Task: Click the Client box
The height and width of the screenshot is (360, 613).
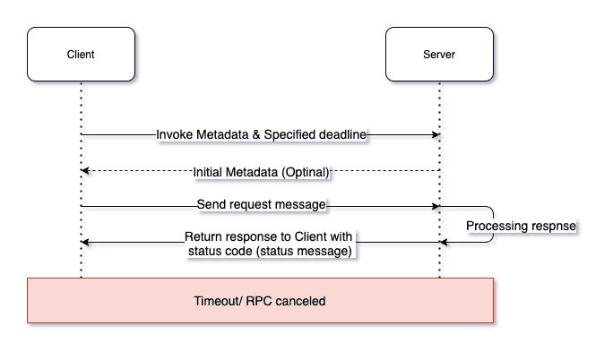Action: tap(81, 55)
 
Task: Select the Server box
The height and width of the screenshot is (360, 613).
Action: tap(439, 55)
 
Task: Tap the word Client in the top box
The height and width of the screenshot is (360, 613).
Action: tap(81, 55)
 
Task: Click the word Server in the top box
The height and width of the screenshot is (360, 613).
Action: tap(439, 55)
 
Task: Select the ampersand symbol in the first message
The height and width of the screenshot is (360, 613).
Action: tap(256, 134)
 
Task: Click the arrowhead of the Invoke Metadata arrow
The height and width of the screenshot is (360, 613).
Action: tap(436, 134)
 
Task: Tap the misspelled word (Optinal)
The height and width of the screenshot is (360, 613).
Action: tap(306, 172)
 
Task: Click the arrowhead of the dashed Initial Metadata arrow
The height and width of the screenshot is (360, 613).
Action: tap(85, 171)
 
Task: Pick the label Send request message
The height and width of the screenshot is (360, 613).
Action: tap(261, 204)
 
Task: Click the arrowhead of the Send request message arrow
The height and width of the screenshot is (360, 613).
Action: tap(436, 206)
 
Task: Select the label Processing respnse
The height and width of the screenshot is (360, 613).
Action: tap(521, 226)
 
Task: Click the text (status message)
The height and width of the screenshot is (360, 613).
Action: tap(304, 251)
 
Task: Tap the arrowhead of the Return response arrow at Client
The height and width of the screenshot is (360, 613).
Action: tap(85, 243)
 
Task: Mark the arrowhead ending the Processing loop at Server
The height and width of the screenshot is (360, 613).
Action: tap(444, 243)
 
